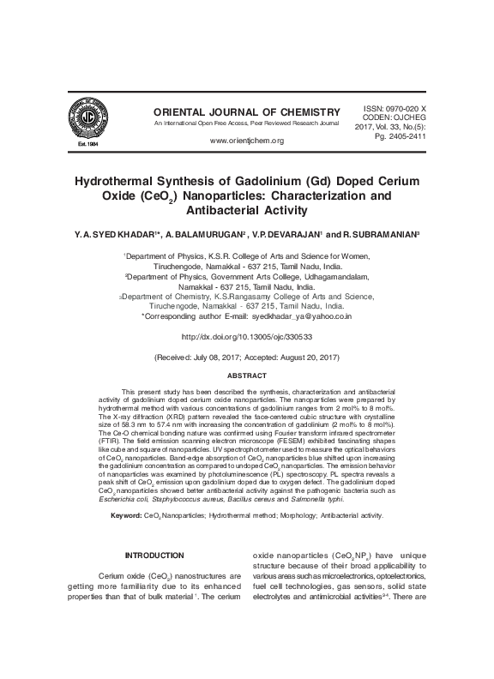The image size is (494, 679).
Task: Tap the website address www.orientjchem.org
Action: (x=246, y=141)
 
